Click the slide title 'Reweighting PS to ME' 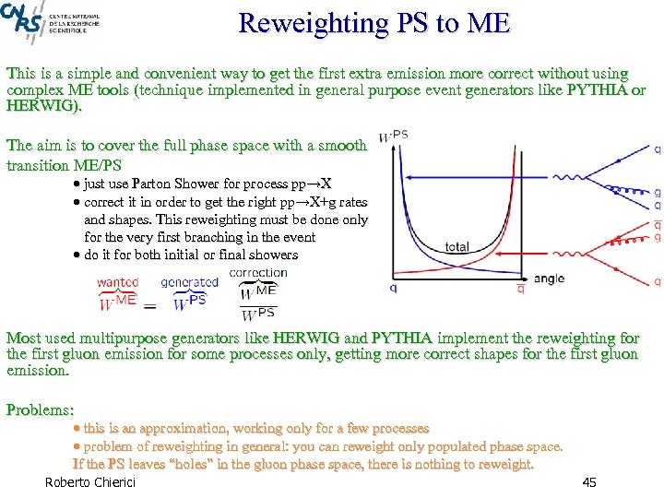[373, 22]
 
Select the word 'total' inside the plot [457, 247]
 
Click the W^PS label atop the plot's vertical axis [394, 139]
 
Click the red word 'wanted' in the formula [117, 282]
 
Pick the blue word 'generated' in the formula [189, 282]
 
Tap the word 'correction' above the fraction [258, 272]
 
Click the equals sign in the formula [150, 304]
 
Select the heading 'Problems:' [40, 409]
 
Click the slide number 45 [589, 482]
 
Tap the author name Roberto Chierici [89, 482]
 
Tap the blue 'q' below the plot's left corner [394, 288]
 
